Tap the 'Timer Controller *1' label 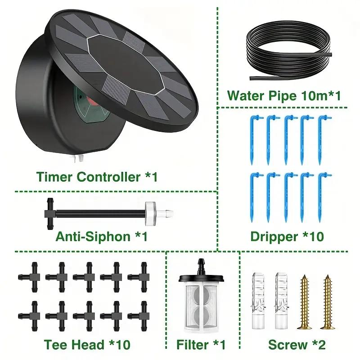tap(97, 177)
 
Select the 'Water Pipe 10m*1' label tap(285, 96)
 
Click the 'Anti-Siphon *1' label tap(101, 235)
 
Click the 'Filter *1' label tap(201, 345)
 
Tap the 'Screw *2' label tap(297, 345)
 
